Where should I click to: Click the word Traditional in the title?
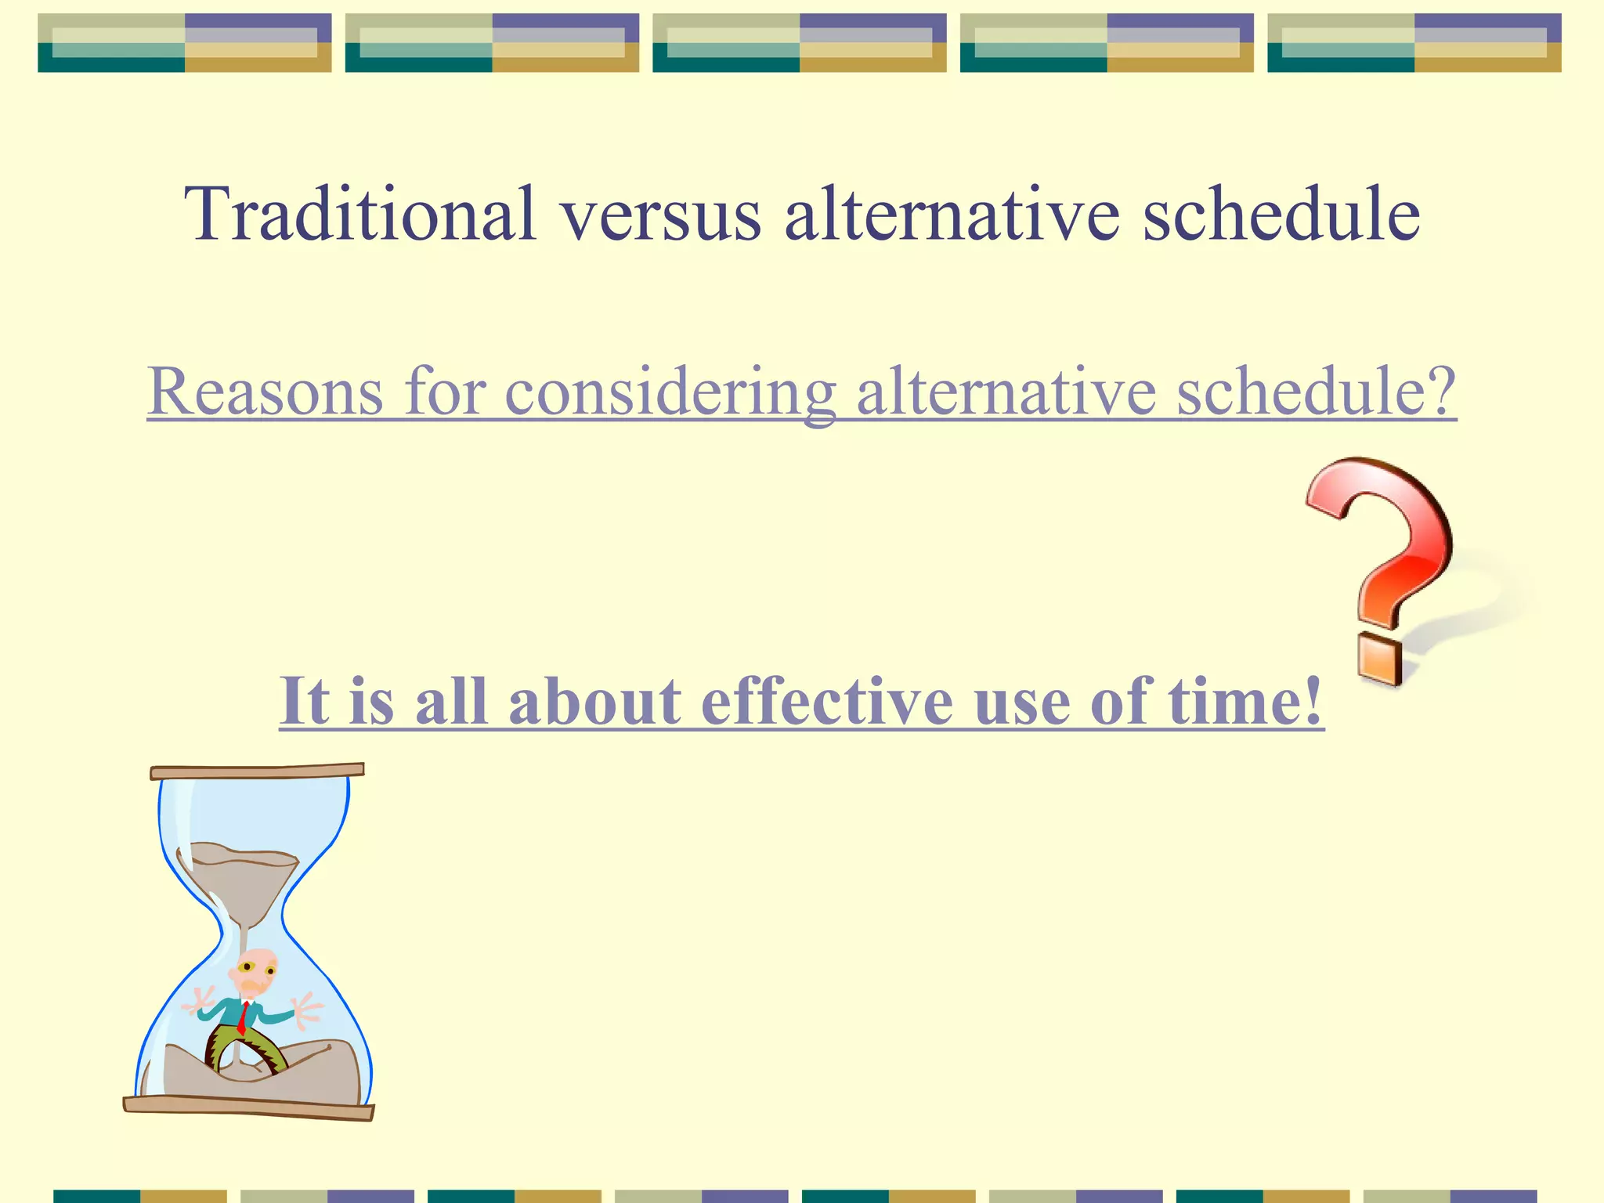(360, 213)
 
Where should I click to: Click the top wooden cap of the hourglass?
(257, 771)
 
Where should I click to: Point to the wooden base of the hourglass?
(249, 1107)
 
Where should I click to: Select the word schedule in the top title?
(1281, 213)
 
